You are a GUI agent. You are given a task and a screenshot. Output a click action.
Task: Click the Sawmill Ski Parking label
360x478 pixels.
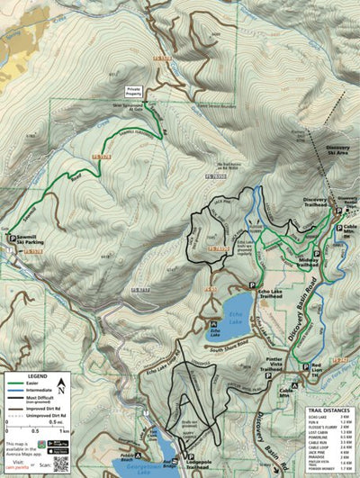[28, 242]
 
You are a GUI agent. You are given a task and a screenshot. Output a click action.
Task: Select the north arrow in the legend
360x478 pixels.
[60, 386]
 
